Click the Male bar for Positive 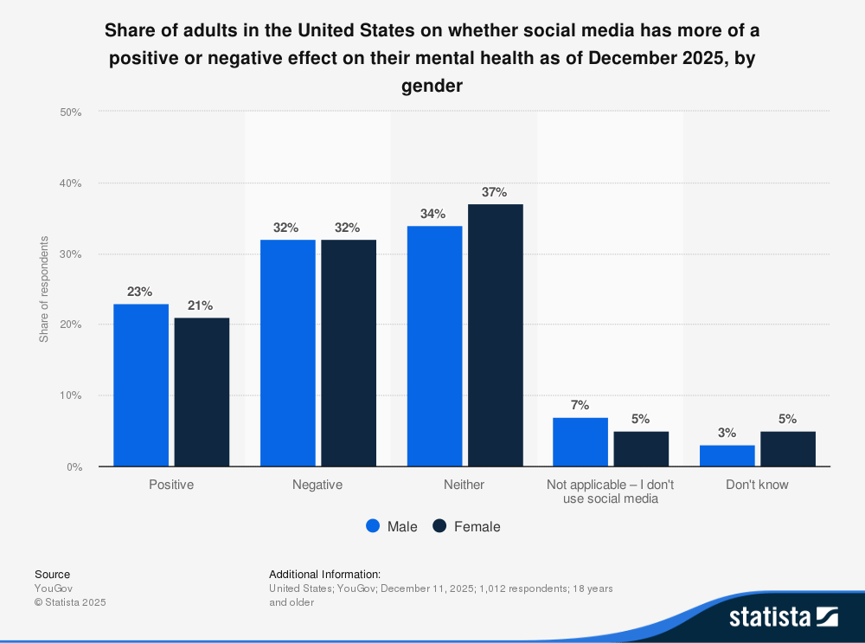(x=141, y=385)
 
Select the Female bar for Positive (x=202, y=392)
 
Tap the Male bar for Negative (x=287, y=353)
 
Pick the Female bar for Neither (x=496, y=336)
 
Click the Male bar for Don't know (x=727, y=456)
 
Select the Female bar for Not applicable (x=641, y=449)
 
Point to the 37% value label (x=494, y=192)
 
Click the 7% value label (x=580, y=405)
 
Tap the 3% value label (x=727, y=433)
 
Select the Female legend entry (x=466, y=526)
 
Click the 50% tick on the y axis (x=70, y=113)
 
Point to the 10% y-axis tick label (x=70, y=395)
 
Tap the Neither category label (x=465, y=485)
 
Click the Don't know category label (x=757, y=485)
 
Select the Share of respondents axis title (x=44, y=288)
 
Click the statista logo (x=783, y=616)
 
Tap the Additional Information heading (x=324, y=574)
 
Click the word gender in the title (x=432, y=87)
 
